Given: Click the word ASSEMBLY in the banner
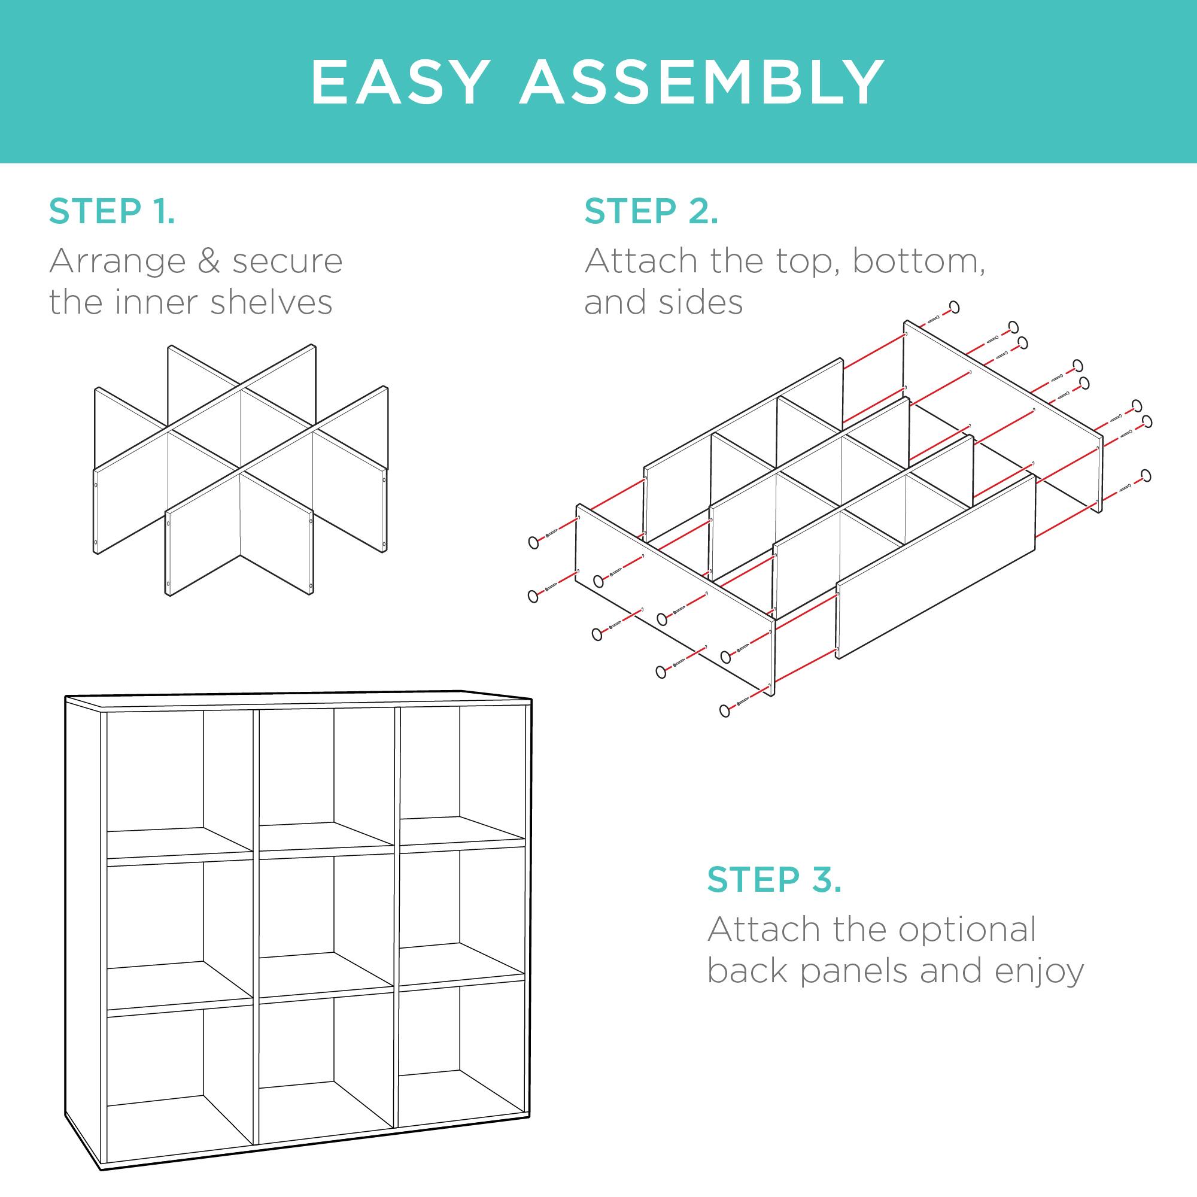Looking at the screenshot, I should (702, 83).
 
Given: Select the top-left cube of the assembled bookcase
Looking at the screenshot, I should (180, 780).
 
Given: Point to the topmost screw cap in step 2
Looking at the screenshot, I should (954, 306).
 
